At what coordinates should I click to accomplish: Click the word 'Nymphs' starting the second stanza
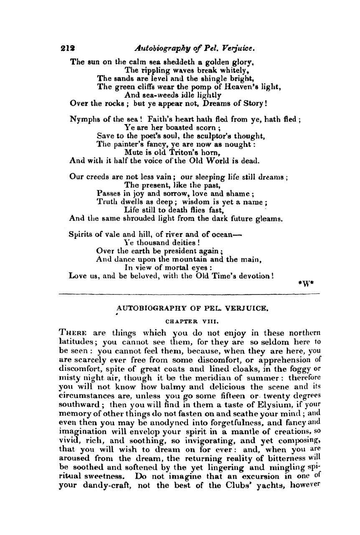coord(83,120)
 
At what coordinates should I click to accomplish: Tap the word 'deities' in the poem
coord(182,243)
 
